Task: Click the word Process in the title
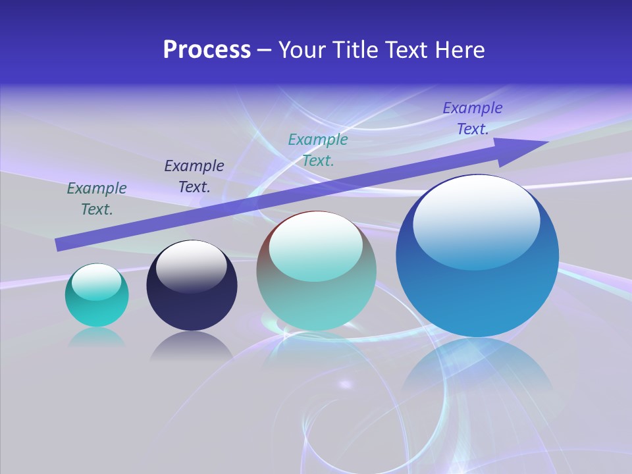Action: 207,50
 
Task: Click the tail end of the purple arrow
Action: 59,244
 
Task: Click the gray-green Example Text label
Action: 97,199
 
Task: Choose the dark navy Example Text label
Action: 194,176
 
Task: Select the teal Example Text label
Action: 318,150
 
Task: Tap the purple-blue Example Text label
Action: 472,118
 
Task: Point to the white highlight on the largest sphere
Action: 476,221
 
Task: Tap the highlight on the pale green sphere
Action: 316,246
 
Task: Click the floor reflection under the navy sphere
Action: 192,346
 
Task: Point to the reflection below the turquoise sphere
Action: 97,337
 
